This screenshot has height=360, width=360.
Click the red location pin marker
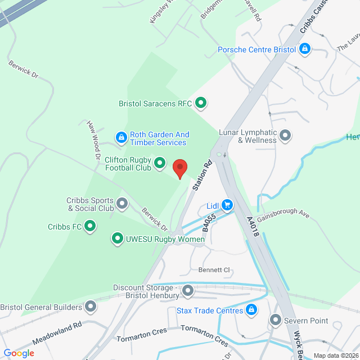click(179, 168)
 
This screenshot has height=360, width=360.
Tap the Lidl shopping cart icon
click(227, 205)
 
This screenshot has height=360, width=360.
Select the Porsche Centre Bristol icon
click(304, 49)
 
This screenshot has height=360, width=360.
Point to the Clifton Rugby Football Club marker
click(160, 164)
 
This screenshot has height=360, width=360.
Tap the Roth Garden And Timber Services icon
click(121, 137)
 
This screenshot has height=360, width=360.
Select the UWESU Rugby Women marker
click(118, 239)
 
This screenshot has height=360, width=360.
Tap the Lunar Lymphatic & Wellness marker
click(286, 135)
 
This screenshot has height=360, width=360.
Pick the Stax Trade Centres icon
click(251, 310)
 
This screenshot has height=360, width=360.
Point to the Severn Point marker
click(276, 320)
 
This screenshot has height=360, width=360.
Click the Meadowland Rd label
click(57, 333)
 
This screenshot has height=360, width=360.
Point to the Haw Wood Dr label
click(93, 136)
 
